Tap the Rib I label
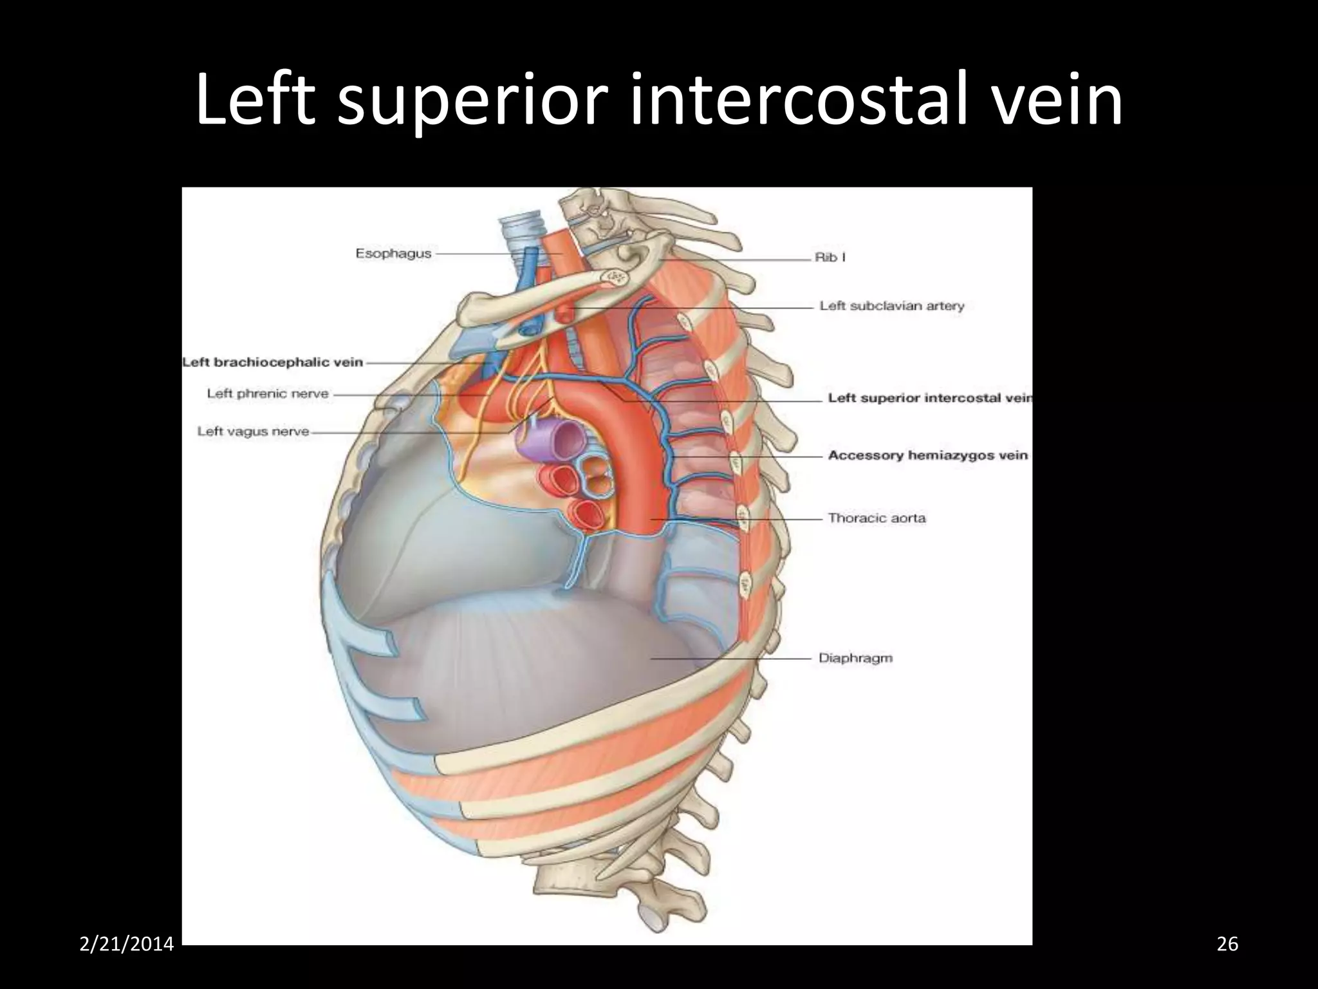pos(830,258)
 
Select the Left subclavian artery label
pos(892,306)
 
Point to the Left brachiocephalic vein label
pos(273,363)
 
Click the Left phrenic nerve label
pos(268,393)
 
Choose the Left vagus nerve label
pos(253,431)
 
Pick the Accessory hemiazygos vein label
pos(927,455)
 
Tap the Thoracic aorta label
pos(877,518)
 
